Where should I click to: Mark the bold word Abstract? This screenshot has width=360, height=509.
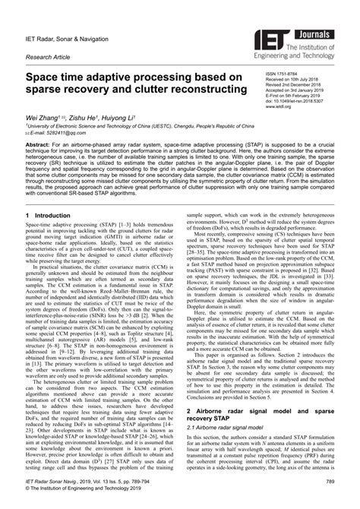click(39, 144)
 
